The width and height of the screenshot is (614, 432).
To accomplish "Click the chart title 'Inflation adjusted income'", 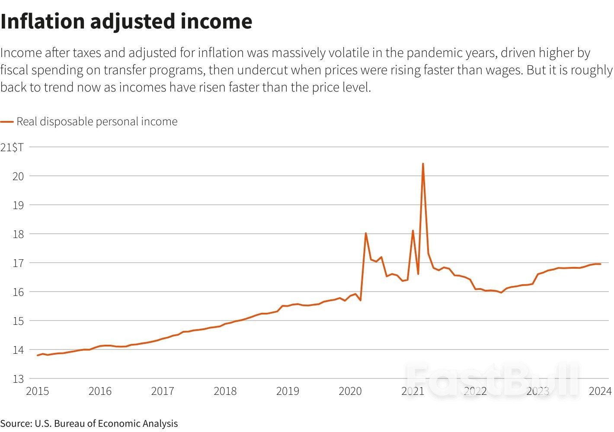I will click(x=126, y=22).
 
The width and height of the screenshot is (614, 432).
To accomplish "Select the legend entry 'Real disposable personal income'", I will click(x=97, y=122).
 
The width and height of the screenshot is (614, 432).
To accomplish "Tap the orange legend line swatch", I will click(x=7, y=122).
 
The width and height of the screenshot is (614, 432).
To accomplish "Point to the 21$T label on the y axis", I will click(x=12, y=147).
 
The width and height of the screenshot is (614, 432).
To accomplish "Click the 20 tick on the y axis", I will click(x=18, y=176).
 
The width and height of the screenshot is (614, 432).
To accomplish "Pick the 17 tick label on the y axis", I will click(x=18, y=263).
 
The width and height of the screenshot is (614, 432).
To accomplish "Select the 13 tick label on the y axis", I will click(x=18, y=379).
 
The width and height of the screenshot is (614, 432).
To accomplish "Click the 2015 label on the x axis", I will click(x=37, y=391).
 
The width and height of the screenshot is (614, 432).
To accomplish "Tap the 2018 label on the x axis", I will click(x=225, y=391).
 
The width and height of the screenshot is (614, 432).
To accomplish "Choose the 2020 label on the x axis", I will click(x=350, y=391).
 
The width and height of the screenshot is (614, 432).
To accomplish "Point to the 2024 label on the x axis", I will click(x=600, y=391).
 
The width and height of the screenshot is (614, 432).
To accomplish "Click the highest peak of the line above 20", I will click(x=422, y=164).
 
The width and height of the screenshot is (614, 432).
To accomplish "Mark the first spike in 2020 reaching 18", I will click(x=366, y=233).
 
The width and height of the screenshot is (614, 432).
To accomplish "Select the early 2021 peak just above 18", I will click(x=413, y=231).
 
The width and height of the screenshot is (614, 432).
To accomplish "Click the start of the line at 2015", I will click(x=38, y=355).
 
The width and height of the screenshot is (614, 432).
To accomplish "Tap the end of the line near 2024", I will click(x=600, y=264).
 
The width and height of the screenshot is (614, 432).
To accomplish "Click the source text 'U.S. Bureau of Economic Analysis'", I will click(x=106, y=423).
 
